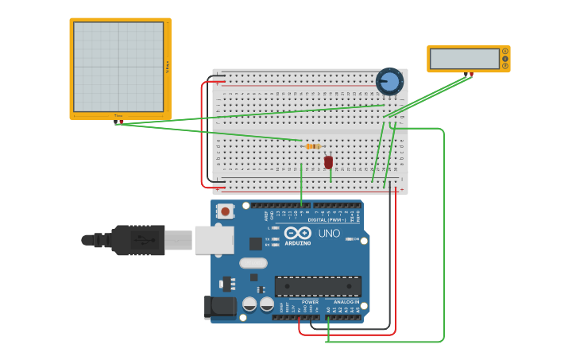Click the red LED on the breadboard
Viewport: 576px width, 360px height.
[x=328, y=161]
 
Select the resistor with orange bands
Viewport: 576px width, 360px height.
[x=313, y=146]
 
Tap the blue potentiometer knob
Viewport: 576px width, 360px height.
[x=389, y=81]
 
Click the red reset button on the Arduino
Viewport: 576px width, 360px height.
[x=226, y=211]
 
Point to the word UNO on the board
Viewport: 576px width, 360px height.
[x=329, y=234]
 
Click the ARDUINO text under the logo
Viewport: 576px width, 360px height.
[x=298, y=243]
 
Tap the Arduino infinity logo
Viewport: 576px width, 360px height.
[x=298, y=234]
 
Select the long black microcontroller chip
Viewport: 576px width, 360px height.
[x=318, y=286]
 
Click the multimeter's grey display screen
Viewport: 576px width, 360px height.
[x=465, y=59]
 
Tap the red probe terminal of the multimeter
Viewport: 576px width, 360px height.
[x=471, y=75]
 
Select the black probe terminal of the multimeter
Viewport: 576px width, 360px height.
[x=466, y=75]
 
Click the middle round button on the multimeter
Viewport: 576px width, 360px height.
[x=504, y=59]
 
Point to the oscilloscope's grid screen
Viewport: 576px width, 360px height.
[x=118, y=67]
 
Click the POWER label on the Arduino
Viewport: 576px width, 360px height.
[x=310, y=302]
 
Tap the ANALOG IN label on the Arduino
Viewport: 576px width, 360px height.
[x=346, y=302]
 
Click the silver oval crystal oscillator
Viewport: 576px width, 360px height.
[x=253, y=263]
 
